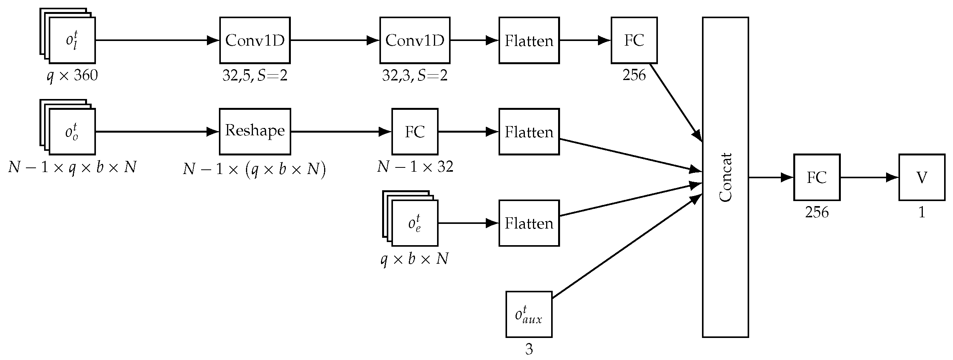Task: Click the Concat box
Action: click(x=725, y=177)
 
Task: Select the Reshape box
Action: click(x=255, y=131)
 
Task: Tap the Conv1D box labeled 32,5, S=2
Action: click(x=255, y=40)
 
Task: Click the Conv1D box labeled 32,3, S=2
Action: click(x=415, y=40)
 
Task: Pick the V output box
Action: click(x=922, y=177)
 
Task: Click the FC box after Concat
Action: click(x=816, y=177)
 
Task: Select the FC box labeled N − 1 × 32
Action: click(x=415, y=131)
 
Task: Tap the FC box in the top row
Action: click(x=634, y=40)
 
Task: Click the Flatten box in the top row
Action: click(x=529, y=40)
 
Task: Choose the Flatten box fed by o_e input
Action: click(x=529, y=223)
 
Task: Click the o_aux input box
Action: click(x=529, y=314)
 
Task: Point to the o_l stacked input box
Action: click(x=72, y=40)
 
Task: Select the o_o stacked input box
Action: click(x=72, y=131)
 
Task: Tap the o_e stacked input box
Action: click(x=414, y=223)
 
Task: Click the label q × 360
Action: click(x=72, y=75)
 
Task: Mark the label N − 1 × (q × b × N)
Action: click(x=254, y=169)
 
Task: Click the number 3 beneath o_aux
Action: click(x=529, y=350)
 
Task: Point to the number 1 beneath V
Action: click(x=922, y=213)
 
